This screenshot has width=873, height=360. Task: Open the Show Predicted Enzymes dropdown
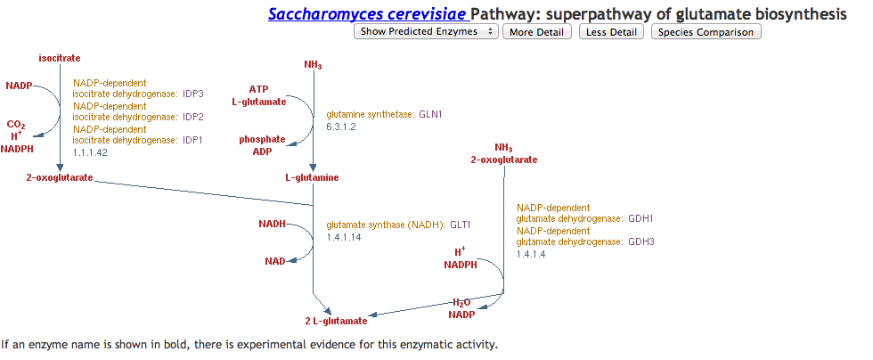(427, 32)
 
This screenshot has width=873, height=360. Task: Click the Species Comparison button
(706, 32)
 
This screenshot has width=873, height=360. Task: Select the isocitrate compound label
(59, 58)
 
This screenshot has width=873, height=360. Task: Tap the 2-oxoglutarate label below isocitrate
(60, 178)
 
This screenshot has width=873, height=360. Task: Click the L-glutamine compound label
(312, 177)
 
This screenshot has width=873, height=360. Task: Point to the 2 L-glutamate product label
(336, 321)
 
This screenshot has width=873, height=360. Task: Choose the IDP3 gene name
(193, 94)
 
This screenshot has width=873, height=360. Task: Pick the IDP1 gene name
(193, 140)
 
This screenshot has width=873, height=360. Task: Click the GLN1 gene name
(431, 115)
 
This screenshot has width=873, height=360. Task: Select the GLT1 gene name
(460, 225)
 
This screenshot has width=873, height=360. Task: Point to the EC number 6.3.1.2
(341, 127)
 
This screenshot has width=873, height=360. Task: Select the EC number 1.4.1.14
(344, 237)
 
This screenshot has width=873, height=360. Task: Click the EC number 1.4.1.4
(531, 254)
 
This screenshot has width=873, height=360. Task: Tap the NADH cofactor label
(273, 225)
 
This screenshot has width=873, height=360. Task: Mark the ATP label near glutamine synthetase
(258, 89)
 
